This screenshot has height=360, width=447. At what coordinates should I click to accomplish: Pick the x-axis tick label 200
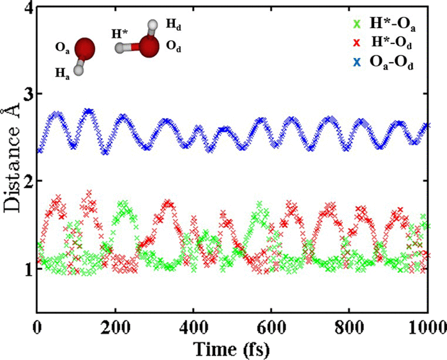pos(116,328)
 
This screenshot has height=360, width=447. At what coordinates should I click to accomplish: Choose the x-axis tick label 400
pos(193,328)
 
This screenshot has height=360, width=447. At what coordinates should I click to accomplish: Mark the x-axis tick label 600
pos(271,328)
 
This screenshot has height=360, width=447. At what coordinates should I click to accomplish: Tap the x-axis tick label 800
pos(349,328)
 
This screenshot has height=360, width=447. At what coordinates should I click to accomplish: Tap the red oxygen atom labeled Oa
pos(84,49)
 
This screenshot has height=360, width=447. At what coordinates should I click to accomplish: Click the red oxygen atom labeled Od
pos(149,47)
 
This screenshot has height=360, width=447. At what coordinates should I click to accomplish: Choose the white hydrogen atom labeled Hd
pos(152,26)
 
